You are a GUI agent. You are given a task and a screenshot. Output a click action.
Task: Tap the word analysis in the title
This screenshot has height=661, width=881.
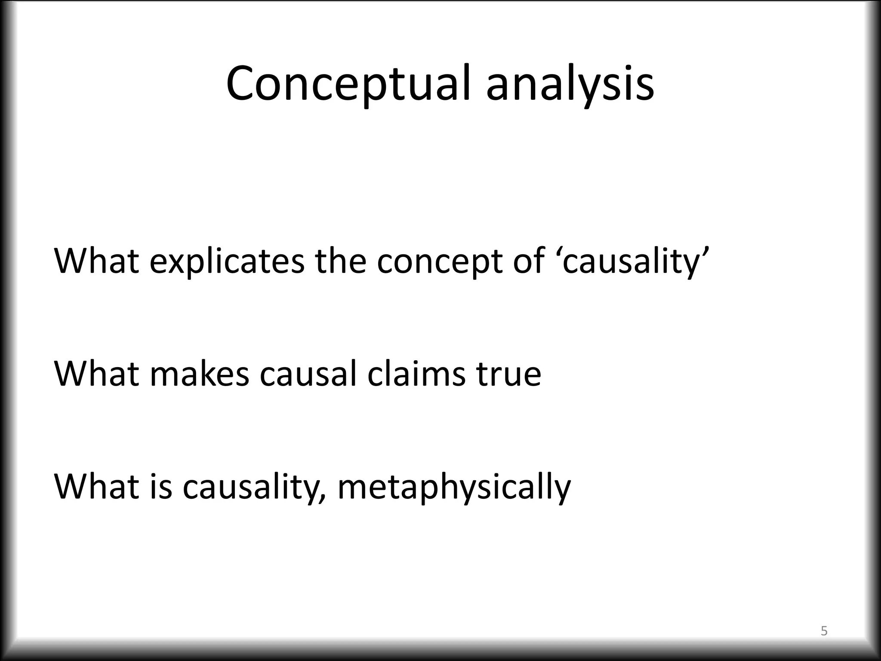[570, 84]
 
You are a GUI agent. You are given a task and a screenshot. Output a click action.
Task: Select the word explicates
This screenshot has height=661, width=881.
[227, 261]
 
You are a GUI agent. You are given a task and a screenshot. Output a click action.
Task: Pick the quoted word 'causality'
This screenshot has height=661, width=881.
[631, 261]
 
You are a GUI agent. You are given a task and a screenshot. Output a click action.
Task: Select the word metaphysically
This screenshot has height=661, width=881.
[454, 487]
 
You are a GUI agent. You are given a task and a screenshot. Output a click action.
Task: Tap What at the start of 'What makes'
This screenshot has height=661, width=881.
[97, 374]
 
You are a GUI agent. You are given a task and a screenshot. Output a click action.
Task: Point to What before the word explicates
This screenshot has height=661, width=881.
[97, 260]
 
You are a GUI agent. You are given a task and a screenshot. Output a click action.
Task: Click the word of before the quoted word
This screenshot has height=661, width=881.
[529, 260]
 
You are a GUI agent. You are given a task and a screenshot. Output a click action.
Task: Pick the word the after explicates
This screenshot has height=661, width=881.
[340, 260]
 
